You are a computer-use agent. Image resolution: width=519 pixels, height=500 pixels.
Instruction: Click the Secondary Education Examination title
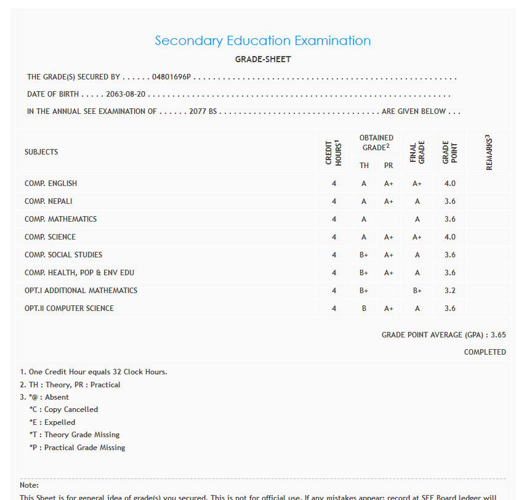(x=263, y=41)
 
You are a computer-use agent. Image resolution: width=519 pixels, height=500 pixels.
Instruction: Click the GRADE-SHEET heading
(x=263, y=60)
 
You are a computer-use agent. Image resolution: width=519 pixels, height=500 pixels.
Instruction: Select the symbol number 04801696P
(x=172, y=78)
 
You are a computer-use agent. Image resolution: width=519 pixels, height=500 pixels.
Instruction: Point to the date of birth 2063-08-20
(x=126, y=95)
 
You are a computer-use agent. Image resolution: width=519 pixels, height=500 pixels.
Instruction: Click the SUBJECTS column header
(x=41, y=152)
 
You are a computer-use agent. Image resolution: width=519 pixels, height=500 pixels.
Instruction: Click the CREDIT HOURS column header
(x=333, y=151)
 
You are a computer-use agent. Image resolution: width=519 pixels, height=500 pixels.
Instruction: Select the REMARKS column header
(x=489, y=151)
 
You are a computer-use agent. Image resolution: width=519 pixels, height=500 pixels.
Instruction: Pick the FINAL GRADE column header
(x=417, y=151)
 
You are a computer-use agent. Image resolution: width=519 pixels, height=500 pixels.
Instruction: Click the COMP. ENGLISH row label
(x=50, y=183)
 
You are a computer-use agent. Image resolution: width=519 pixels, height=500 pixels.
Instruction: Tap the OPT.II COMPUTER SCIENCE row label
(x=69, y=308)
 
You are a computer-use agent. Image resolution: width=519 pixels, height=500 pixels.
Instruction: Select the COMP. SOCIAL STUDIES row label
(x=63, y=255)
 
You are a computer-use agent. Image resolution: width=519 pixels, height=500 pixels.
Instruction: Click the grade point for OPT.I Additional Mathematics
(x=449, y=291)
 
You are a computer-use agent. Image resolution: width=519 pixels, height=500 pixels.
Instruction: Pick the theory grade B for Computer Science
(x=364, y=308)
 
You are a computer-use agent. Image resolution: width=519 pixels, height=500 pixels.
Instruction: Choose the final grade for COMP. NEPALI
(x=417, y=201)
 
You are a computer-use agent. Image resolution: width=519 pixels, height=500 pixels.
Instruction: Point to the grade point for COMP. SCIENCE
(x=449, y=237)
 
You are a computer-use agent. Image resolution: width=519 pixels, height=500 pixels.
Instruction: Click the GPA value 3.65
(x=497, y=335)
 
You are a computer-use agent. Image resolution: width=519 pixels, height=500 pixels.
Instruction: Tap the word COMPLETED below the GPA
(x=485, y=352)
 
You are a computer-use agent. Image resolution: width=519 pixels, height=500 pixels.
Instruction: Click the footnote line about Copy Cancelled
(x=63, y=409)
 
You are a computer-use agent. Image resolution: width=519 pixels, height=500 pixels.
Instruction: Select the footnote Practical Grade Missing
(x=77, y=448)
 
